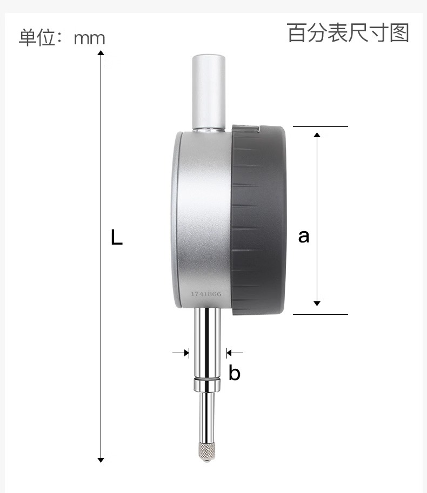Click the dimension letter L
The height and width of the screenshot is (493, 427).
point(116,237)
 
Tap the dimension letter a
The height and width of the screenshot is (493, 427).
point(304,237)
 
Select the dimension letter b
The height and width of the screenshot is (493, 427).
point(235,373)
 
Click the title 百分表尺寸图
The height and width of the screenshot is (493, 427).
point(348,33)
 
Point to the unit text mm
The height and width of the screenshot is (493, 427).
point(89,38)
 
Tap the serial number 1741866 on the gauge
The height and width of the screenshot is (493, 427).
point(206,294)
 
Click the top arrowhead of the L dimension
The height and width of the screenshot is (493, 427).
point(101,52)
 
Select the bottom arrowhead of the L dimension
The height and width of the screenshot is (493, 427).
point(101,460)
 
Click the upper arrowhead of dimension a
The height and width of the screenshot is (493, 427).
point(317,135)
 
